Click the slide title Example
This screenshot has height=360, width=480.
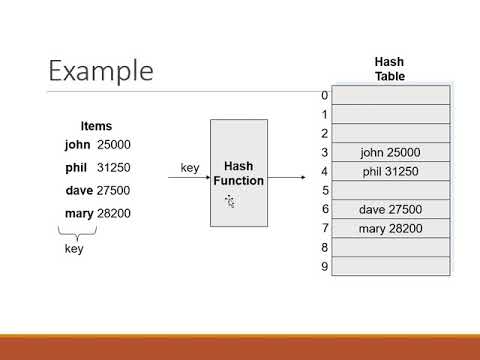(101, 72)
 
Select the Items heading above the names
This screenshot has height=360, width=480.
(96, 126)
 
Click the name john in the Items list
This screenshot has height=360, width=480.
(77, 144)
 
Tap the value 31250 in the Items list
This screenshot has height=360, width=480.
(114, 167)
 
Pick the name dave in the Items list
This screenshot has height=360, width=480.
(77, 190)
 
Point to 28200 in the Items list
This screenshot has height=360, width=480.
(114, 213)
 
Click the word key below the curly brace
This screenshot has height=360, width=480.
(74, 248)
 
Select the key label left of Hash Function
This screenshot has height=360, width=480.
(190, 167)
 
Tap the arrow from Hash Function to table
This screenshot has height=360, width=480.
(287, 178)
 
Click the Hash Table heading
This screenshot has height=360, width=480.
(390, 68)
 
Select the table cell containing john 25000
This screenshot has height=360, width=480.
(390, 152)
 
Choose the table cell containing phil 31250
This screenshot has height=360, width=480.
(390, 171)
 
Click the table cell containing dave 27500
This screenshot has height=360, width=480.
(390, 209)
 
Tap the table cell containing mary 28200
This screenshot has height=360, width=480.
(390, 229)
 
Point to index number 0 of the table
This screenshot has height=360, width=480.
(324, 95)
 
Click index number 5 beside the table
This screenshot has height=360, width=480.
(324, 190)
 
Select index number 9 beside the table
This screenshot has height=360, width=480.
(324, 266)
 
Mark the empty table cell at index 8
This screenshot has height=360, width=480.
(390, 247)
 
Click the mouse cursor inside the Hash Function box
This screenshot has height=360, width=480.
(229, 201)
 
